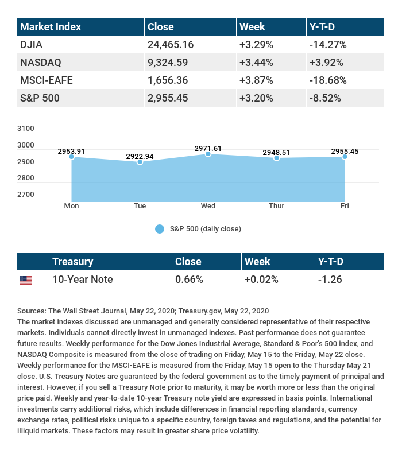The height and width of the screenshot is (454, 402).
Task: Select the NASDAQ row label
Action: click(x=40, y=62)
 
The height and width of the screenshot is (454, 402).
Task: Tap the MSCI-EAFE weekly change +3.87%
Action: click(x=257, y=80)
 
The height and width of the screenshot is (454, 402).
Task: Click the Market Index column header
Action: click(x=51, y=26)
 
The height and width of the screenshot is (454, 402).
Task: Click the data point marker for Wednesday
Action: click(x=208, y=154)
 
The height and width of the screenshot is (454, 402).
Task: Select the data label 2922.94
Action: click(x=140, y=156)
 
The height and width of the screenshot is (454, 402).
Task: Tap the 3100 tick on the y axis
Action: click(x=26, y=129)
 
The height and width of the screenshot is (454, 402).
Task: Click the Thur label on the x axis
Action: click(x=276, y=205)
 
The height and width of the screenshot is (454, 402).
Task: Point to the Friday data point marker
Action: click(x=345, y=157)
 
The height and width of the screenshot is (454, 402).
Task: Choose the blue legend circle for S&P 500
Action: click(x=160, y=229)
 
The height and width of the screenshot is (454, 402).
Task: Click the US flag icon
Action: click(x=26, y=280)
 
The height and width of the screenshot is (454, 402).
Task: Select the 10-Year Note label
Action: click(x=82, y=280)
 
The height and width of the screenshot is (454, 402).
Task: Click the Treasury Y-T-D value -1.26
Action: click(x=330, y=280)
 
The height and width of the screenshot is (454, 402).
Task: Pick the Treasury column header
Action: click(x=72, y=262)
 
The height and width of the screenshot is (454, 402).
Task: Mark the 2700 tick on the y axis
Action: click(x=26, y=195)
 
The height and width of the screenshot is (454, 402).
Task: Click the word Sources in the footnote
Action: click(x=33, y=311)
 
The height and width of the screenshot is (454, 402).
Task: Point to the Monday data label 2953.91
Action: click(x=71, y=151)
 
